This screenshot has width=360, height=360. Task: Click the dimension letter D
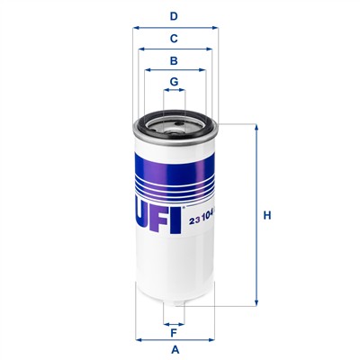[x=174, y=16]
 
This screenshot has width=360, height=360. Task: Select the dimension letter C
[x=174, y=39]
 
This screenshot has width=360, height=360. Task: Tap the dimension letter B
[x=174, y=61]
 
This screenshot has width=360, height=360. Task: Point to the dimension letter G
[x=174, y=82]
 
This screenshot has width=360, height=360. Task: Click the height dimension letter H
[x=267, y=215]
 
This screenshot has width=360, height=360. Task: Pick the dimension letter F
[x=174, y=333]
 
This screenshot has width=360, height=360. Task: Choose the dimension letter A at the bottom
[x=175, y=349]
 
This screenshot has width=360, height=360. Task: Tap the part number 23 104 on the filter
[x=202, y=220]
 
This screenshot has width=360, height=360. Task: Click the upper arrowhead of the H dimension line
[x=256, y=127]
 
